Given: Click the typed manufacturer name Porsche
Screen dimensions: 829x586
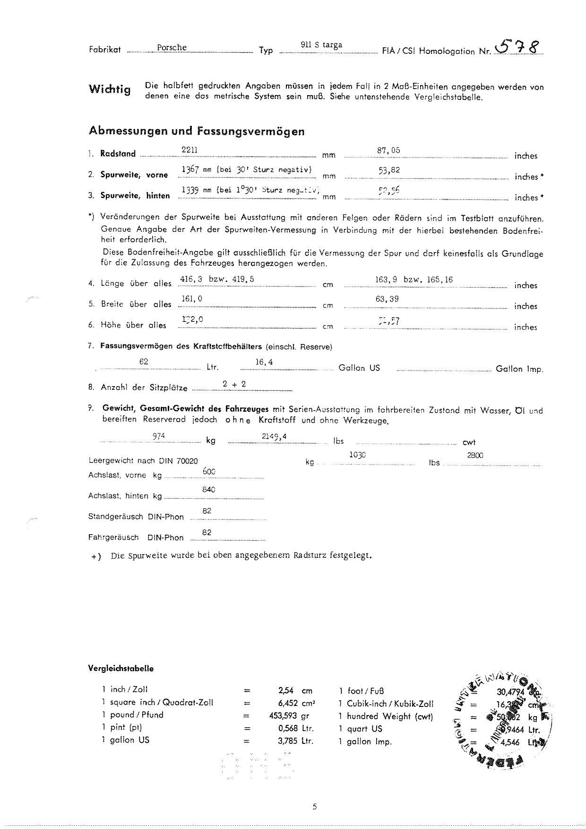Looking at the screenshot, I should click(172, 48).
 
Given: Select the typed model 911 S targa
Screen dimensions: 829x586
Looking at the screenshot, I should click(321, 45).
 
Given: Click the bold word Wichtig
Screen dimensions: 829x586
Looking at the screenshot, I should click(109, 89).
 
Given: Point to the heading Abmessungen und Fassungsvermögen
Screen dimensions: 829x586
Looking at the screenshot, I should click(196, 131).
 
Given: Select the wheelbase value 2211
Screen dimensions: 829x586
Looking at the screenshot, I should click(190, 150).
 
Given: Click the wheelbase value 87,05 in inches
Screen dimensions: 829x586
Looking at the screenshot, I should click(388, 150).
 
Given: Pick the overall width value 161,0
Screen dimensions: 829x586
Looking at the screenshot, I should click(192, 299).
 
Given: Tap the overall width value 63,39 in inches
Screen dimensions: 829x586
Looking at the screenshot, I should click(387, 299).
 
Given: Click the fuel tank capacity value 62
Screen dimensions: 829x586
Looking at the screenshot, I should click(144, 362).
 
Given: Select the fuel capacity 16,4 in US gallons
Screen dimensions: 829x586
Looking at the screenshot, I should click(264, 362).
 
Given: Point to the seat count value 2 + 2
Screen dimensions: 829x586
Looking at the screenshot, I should click(234, 384).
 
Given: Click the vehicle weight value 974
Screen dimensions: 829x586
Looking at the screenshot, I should click(159, 436).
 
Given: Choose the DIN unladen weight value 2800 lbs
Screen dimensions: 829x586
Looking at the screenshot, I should click(475, 455).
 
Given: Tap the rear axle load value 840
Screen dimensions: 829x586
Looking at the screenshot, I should click(209, 489).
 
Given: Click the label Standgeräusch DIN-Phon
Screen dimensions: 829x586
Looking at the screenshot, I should click(136, 517).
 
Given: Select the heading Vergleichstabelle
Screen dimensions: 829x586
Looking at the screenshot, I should click(121, 669).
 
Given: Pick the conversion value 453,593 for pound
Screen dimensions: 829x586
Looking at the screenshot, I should click(283, 715).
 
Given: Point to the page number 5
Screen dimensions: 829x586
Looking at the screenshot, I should click(315, 807).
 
